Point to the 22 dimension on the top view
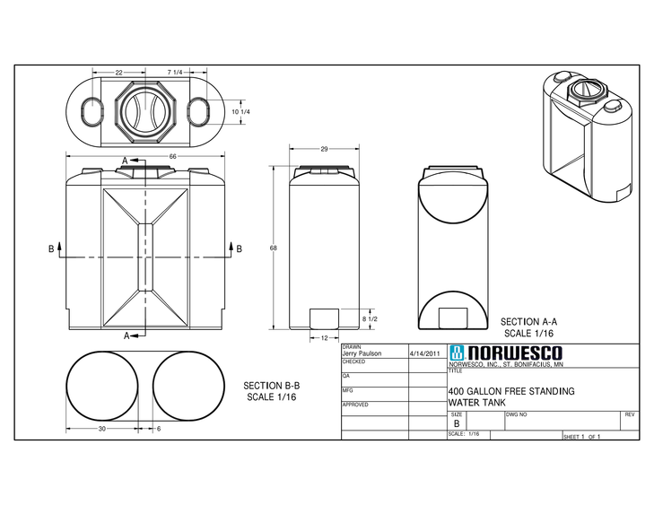click(x=118, y=72)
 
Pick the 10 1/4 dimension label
click(x=239, y=111)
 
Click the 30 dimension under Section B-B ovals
click(x=101, y=429)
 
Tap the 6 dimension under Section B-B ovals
click(x=159, y=429)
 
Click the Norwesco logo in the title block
click(x=505, y=353)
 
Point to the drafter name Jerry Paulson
click(x=362, y=353)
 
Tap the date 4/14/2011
click(x=425, y=353)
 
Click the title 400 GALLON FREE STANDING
click(x=511, y=392)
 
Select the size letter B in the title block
click(x=456, y=422)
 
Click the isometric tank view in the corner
click(x=589, y=135)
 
